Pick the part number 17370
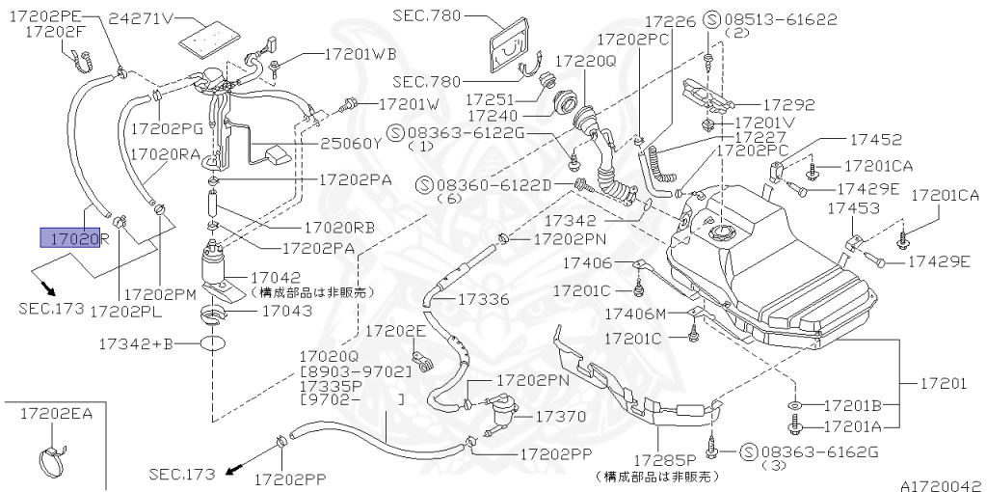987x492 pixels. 561,417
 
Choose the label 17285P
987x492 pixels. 665,460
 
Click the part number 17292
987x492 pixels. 789,105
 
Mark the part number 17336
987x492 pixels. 483,299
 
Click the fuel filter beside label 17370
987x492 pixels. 502,412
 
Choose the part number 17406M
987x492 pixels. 635,314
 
